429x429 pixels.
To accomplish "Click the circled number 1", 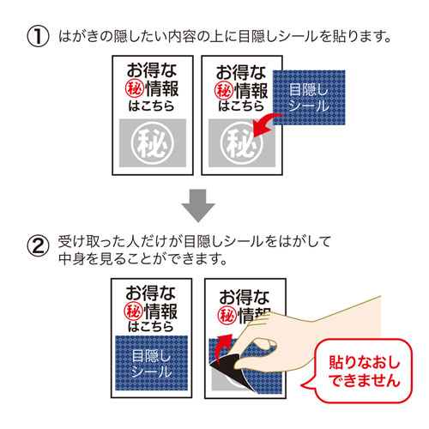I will (39, 39).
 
